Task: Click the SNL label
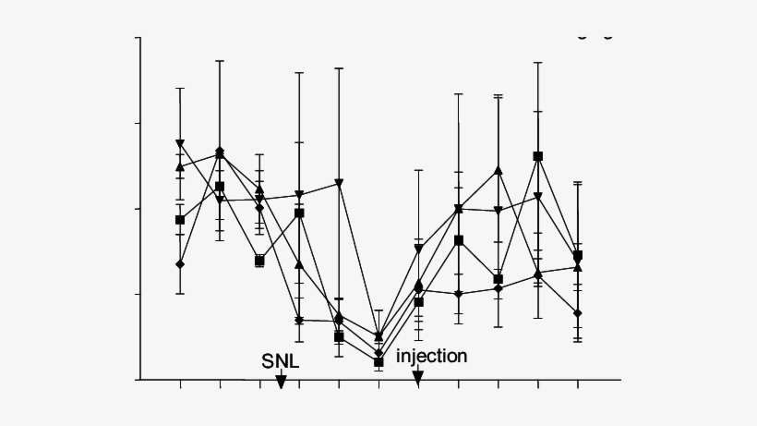point(281,360)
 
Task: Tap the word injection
point(432,356)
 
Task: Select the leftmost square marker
point(180,220)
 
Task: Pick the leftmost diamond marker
point(180,264)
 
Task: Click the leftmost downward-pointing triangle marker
point(180,144)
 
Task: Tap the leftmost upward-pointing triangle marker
point(180,166)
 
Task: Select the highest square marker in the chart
point(537,156)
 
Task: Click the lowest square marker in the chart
point(378,362)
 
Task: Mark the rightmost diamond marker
point(577,313)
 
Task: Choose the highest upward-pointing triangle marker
point(498,170)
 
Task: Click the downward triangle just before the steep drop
point(339,182)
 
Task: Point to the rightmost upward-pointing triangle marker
point(577,267)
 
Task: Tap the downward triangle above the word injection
point(418,249)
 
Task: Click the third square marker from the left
point(259,261)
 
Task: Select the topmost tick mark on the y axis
point(138,38)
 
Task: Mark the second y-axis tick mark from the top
point(138,123)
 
